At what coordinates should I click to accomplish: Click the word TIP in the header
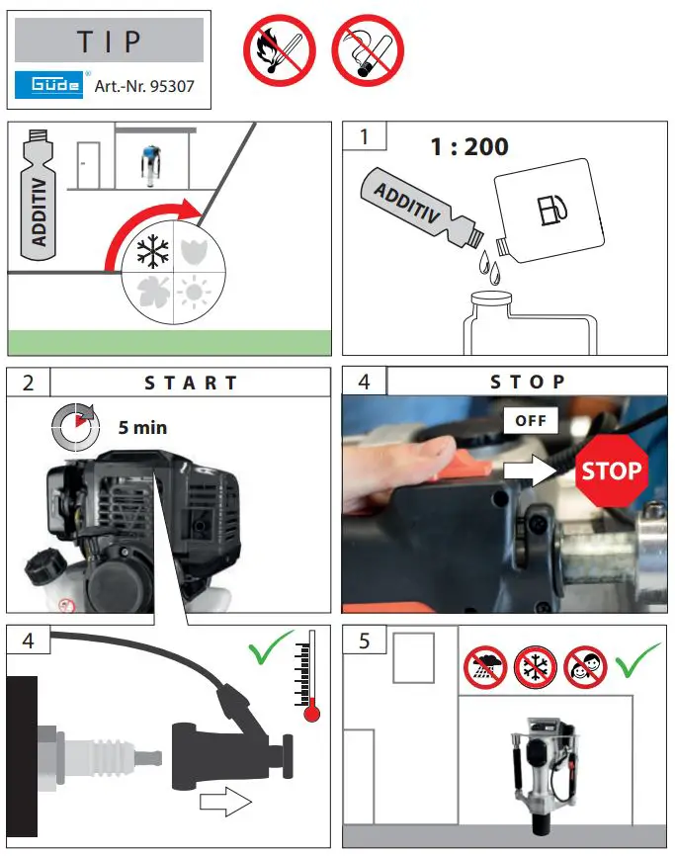tap(109, 43)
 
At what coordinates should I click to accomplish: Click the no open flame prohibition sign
tap(279, 50)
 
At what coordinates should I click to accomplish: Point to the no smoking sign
tap(368, 50)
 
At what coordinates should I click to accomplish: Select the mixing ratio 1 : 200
tap(468, 147)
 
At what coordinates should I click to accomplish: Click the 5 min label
tap(142, 428)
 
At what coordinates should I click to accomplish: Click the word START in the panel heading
tap(191, 383)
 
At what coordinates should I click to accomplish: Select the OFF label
tap(531, 420)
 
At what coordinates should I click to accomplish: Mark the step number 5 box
tap(365, 641)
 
